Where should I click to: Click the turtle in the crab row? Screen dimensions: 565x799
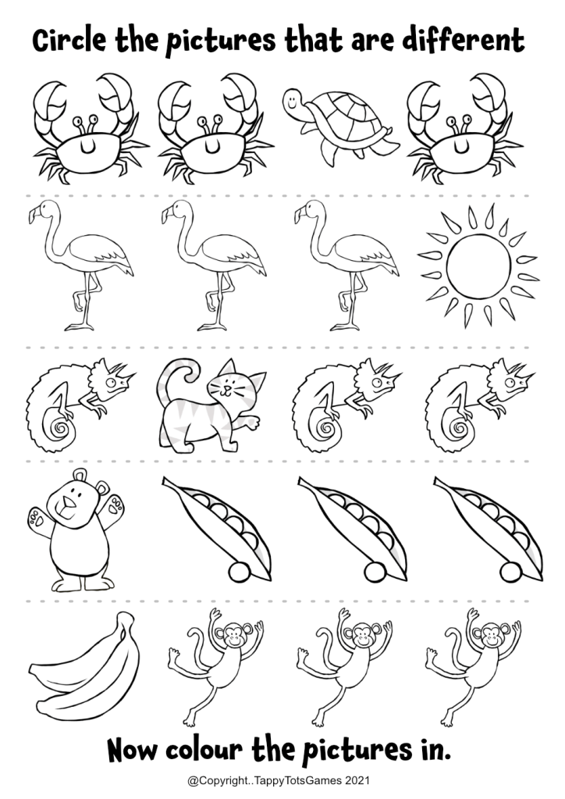pos(339,125)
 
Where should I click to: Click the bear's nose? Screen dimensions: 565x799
pos(68,504)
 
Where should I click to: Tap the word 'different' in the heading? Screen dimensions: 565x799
pos(464,41)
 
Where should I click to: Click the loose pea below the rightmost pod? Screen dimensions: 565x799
pos(510,572)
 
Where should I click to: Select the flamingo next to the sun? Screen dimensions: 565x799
pos(346,265)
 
